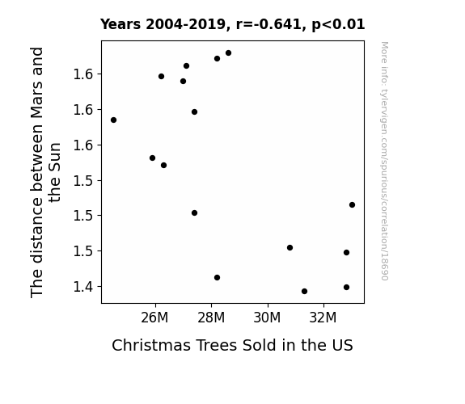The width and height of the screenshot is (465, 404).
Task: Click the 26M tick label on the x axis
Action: (154, 318)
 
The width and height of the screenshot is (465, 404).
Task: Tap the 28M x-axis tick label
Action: (211, 318)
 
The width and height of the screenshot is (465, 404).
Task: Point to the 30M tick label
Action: (267, 318)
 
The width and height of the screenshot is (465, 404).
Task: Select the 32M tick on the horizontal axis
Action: (323, 318)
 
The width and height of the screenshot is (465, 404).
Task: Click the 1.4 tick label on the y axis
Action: (83, 287)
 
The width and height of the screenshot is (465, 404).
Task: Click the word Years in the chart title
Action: (120, 24)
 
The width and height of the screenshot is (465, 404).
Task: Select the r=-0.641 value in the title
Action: (268, 24)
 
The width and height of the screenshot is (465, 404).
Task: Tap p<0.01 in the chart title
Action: (338, 24)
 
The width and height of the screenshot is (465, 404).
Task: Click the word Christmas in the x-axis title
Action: (151, 345)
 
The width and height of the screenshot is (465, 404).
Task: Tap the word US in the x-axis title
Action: (343, 345)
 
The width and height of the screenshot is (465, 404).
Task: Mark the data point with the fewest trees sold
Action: (113, 120)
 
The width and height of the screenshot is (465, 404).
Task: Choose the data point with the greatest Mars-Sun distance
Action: (228, 53)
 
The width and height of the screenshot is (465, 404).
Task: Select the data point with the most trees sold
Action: (352, 204)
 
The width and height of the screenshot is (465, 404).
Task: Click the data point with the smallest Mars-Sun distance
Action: (304, 292)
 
